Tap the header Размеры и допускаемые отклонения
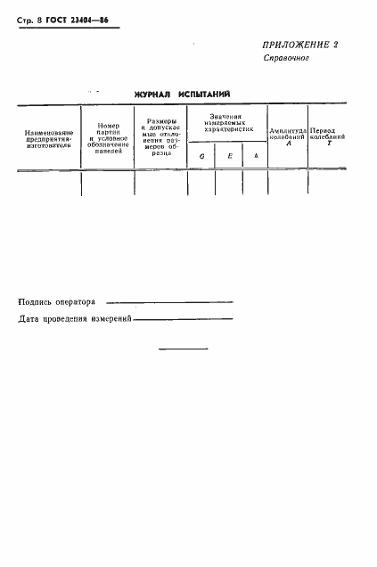160,137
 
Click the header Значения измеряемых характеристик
228,123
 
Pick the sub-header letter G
201,156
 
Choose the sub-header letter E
229,156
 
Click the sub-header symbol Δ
256,156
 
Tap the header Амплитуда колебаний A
288,136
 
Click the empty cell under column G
201,183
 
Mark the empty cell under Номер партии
108,183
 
